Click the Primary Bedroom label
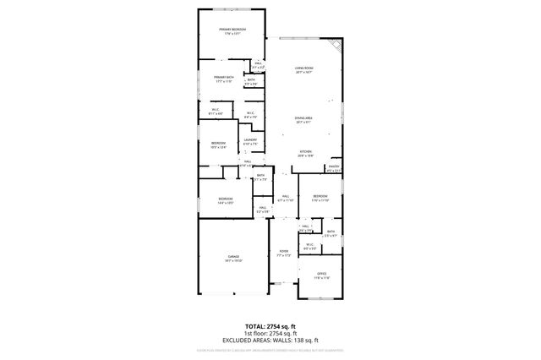[232, 30]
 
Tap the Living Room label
[304, 69]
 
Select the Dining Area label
[304, 120]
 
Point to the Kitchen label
[305, 153]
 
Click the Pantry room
[334, 169]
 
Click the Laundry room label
[250, 141]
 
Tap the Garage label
[232, 257]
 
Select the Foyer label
[284, 253]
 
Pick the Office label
[321, 275]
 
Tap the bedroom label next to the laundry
[218, 145]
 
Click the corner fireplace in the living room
[336, 45]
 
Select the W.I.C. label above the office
[309, 247]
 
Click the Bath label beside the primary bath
[251, 81]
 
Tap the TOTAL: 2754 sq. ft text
[270, 325]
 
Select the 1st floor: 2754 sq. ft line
[270, 333]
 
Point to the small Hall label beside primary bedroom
[258, 64]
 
